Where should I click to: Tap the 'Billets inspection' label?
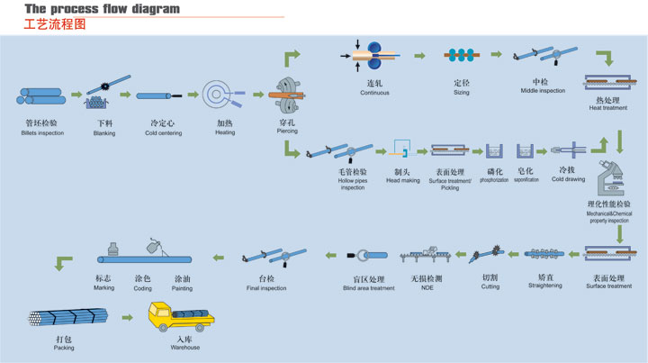click(x=41, y=132)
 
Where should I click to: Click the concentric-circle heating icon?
click(x=219, y=95)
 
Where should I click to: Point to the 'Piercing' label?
click(x=287, y=132)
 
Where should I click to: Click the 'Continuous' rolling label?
click(x=374, y=93)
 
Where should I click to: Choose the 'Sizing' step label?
click(x=461, y=93)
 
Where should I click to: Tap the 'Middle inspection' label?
click(x=547, y=91)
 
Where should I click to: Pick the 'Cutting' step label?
click(x=490, y=286)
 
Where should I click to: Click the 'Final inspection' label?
click(x=266, y=288)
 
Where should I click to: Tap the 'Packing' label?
click(x=63, y=347)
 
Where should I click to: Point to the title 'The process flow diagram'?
click(x=102, y=9)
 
